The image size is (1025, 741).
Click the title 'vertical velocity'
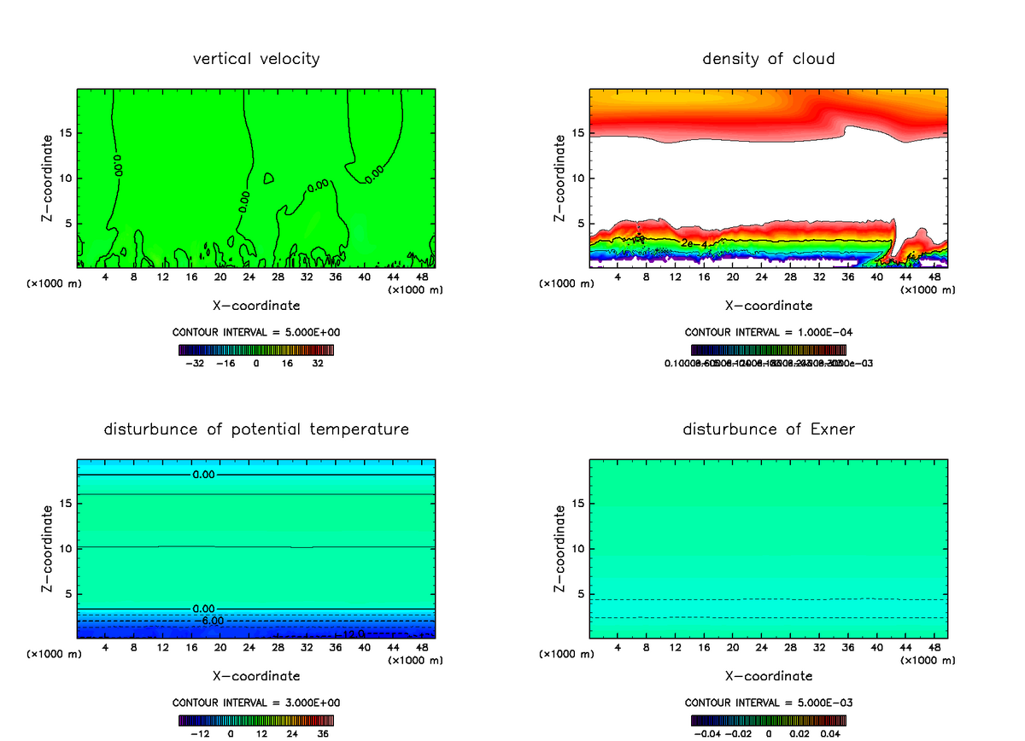(256, 59)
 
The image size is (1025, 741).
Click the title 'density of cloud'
(769, 59)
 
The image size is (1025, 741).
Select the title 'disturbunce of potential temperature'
(256, 429)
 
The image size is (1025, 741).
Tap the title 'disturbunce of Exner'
(769, 429)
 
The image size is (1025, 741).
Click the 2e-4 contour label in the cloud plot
(693, 244)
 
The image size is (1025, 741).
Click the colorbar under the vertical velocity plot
(256, 350)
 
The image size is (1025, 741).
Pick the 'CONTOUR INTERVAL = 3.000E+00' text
(256, 703)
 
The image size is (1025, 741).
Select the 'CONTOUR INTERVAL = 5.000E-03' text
(769, 703)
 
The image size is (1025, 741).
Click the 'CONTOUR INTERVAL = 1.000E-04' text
(769, 332)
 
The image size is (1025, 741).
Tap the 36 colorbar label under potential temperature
(323, 733)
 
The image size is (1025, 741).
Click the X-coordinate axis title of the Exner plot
(769, 675)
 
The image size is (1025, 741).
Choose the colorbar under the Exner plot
(769, 721)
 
